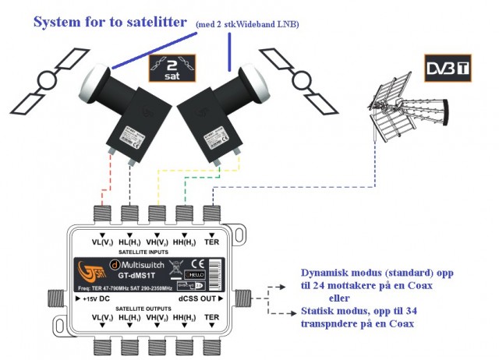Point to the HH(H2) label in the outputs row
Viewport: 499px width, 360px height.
point(184,318)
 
